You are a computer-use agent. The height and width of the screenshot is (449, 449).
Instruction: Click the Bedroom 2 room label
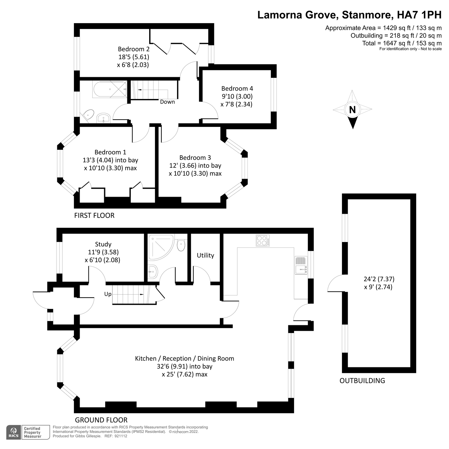pos(133,49)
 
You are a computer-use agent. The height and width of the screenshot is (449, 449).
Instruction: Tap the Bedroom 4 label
pos(237,88)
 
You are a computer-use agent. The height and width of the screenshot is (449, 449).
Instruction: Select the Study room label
pos(103,244)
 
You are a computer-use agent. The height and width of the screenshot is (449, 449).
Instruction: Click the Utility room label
pos(205,256)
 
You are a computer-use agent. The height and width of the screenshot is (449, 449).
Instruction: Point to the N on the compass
pos(352,110)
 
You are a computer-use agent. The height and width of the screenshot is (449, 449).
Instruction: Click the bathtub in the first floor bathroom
pos(110,89)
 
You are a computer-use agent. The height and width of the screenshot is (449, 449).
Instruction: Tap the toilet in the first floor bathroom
pos(88,115)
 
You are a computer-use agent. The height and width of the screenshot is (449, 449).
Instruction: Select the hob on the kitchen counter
pos(263,240)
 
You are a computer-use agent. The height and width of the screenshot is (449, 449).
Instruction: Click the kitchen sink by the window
pos(301,265)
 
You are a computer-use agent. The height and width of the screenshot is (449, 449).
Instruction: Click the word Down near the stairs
pos(167,102)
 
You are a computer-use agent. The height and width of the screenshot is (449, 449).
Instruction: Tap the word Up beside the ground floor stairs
pos(108,294)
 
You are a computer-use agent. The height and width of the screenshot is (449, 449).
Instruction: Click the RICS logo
pos(14,433)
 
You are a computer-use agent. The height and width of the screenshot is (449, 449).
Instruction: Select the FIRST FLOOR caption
pos(94,216)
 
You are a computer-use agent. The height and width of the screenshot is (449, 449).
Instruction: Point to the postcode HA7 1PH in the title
pos(419,15)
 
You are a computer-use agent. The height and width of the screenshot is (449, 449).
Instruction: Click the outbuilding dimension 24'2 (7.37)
pos(379,279)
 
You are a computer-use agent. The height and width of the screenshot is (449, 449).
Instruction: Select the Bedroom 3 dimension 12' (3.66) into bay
pos(195,166)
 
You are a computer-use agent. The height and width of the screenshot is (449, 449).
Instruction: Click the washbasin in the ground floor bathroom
pos(153,272)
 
